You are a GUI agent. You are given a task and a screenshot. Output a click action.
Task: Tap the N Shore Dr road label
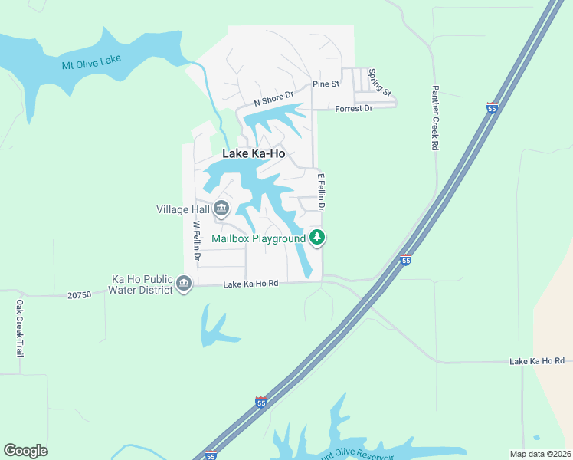click(x=273, y=99)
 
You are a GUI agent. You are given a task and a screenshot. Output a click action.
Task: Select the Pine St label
click(x=325, y=84)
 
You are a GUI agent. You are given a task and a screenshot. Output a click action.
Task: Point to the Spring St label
click(x=379, y=83)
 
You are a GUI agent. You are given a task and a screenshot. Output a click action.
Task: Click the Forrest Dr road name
click(x=353, y=108)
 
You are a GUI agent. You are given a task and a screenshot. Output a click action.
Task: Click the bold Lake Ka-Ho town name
click(x=254, y=153)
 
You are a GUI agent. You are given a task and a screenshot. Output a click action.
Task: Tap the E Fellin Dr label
click(x=322, y=192)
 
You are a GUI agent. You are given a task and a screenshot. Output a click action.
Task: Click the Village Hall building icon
click(x=221, y=208)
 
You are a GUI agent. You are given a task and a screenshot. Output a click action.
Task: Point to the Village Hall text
click(x=182, y=209)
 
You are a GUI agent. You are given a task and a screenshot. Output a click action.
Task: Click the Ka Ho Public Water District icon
click(x=184, y=284)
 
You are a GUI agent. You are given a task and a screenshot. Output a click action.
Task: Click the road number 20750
click(x=79, y=294)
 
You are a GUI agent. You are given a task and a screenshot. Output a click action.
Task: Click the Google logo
click(x=25, y=450)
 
